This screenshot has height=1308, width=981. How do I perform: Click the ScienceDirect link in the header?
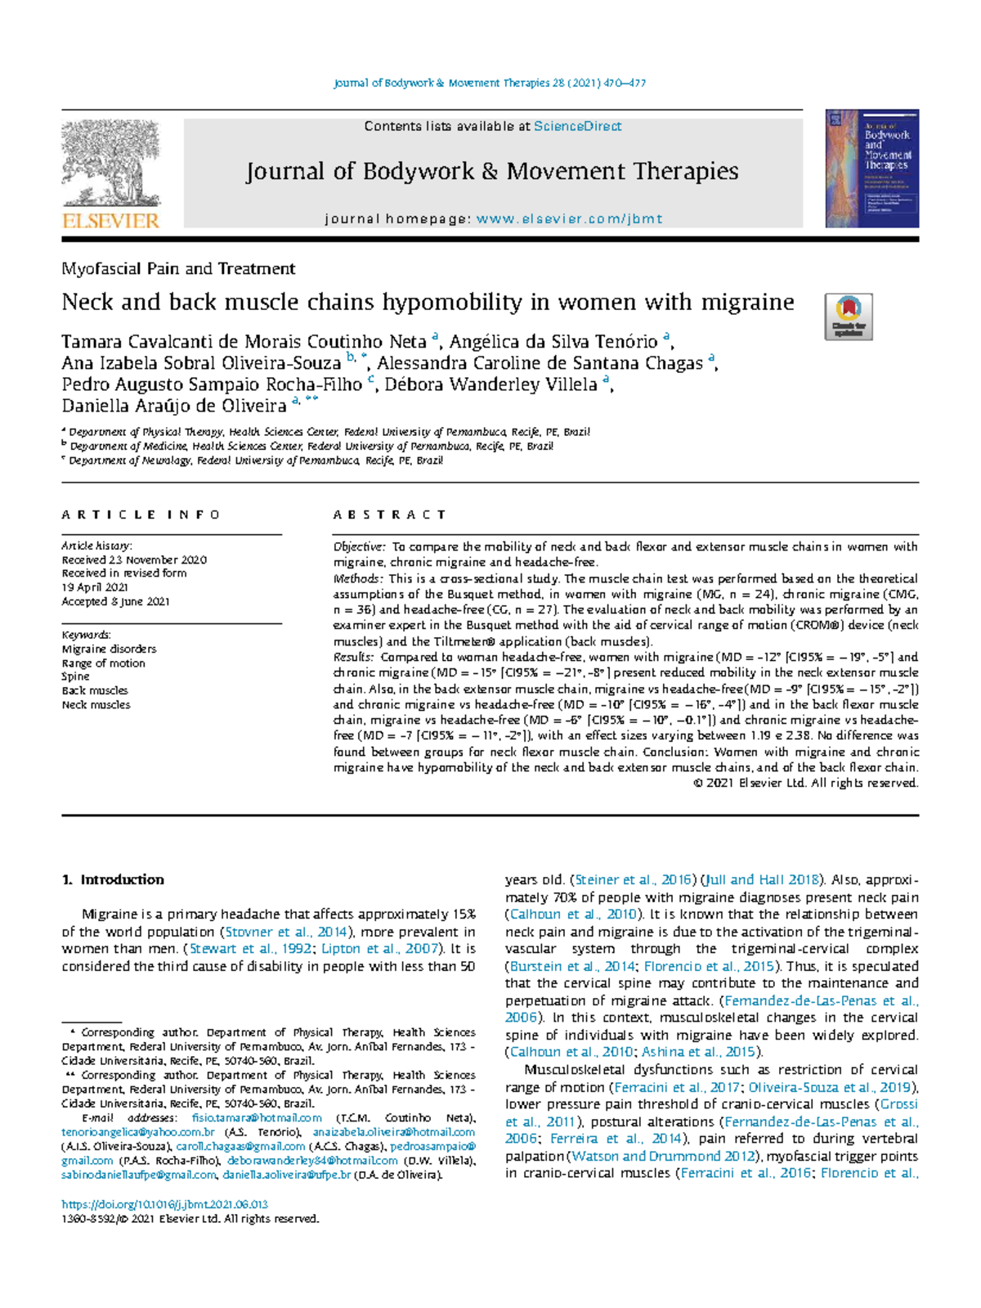pyautogui.click(x=577, y=126)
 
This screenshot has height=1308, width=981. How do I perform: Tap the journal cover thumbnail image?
pyautogui.click(x=871, y=169)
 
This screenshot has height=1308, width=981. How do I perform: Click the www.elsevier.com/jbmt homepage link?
pyautogui.click(x=569, y=219)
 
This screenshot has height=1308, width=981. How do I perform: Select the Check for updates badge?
pyautogui.click(x=849, y=317)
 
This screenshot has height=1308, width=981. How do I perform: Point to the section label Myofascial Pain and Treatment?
pyautogui.click(x=178, y=269)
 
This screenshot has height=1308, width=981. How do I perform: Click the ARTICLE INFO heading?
pyautogui.click(x=141, y=515)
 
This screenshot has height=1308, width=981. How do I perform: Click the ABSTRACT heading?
pyautogui.click(x=390, y=515)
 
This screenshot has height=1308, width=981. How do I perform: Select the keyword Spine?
pyautogui.click(x=76, y=676)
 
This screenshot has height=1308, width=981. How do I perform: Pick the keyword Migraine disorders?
pyautogui.click(x=109, y=649)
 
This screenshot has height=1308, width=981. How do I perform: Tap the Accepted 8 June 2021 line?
pyautogui.click(x=115, y=601)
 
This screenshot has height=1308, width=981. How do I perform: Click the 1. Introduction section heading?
pyautogui.click(x=113, y=880)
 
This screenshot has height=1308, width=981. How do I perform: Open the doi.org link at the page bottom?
pyautogui.click(x=165, y=1204)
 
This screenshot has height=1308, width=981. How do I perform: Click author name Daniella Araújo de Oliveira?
pyautogui.click(x=174, y=406)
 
